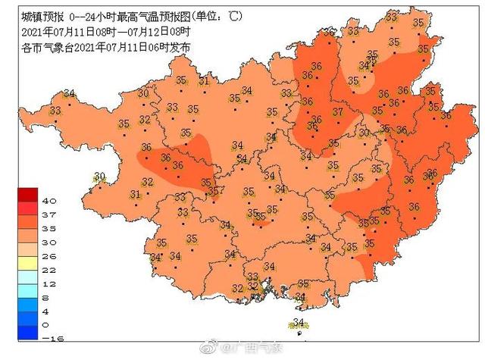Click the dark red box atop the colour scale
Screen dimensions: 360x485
29,194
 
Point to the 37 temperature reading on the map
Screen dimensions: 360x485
338,112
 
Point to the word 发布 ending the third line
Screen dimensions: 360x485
180,47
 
